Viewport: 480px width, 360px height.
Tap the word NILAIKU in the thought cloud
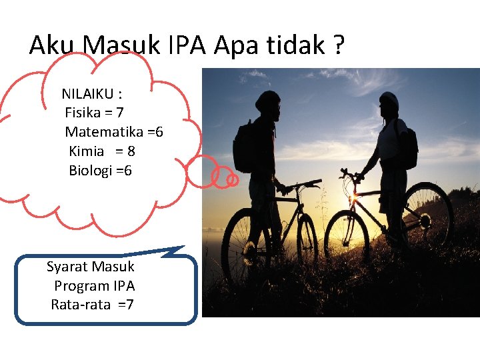point(87,94)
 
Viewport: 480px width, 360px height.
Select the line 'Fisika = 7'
point(94,113)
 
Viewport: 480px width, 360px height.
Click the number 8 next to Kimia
point(131,151)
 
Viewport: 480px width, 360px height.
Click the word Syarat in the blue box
point(67,267)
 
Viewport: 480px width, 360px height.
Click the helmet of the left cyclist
point(267,101)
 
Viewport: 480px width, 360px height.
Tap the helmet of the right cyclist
point(389,101)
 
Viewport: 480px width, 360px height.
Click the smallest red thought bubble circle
point(232,180)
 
